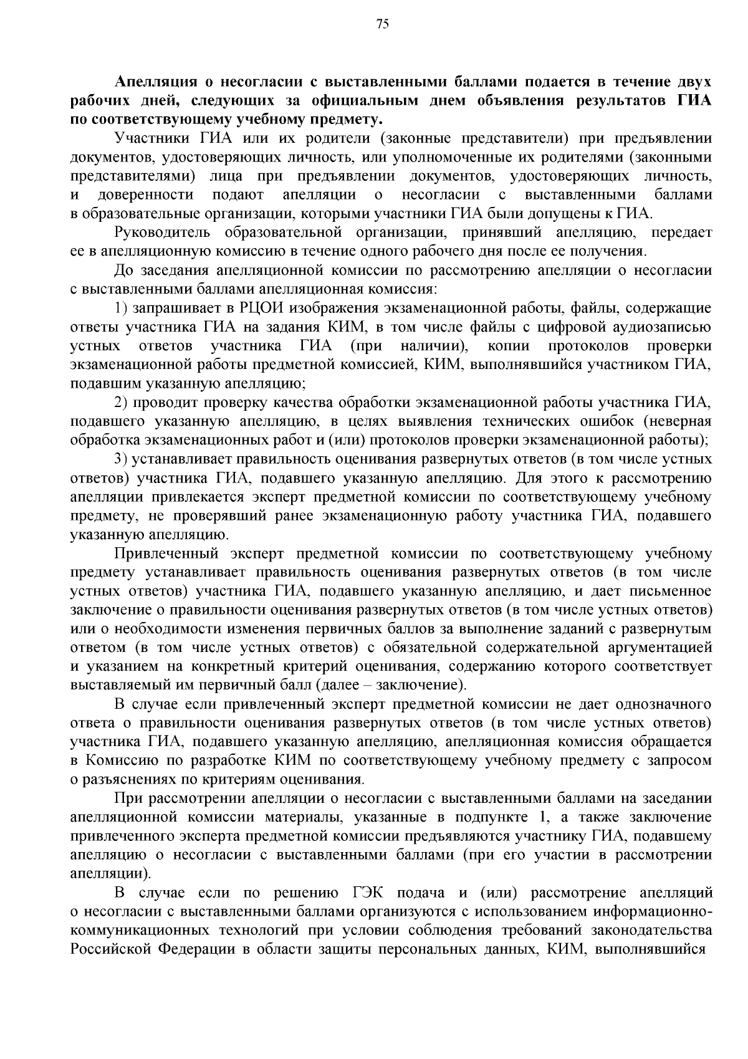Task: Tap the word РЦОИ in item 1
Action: coord(259,308)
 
